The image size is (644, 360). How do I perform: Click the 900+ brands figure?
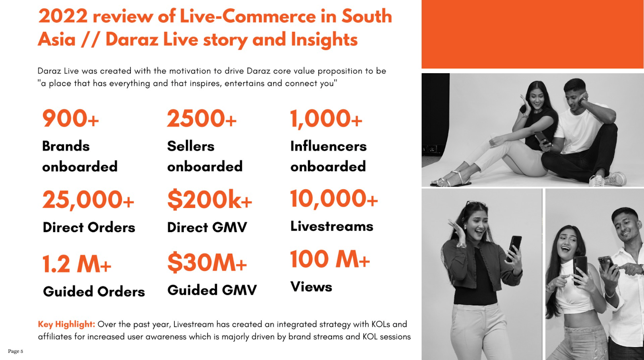click(x=70, y=119)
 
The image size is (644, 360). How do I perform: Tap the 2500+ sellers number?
click(x=202, y=119)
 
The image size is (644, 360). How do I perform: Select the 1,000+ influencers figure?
click(x=326, y=119)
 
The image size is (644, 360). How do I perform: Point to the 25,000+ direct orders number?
click(x=88, y=200)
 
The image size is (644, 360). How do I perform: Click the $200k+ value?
click(x=210, y=200)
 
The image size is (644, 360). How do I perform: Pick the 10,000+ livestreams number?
click(x=334, y=199)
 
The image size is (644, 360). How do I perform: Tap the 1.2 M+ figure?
click(x=77, y=264)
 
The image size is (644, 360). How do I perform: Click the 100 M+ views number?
click(x=330, y=259)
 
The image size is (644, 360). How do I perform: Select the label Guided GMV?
click(x=212, y=290)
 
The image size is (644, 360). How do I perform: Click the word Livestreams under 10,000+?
click(x=332, y=226)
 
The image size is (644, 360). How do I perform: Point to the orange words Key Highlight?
click(x=66, y=324)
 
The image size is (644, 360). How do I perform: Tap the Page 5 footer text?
click(x=16, y=351)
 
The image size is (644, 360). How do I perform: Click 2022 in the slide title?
click(x=63, y=16)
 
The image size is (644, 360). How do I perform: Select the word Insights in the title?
click(x=324, y=39)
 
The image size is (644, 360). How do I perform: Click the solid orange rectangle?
click(x=533, y=34)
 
